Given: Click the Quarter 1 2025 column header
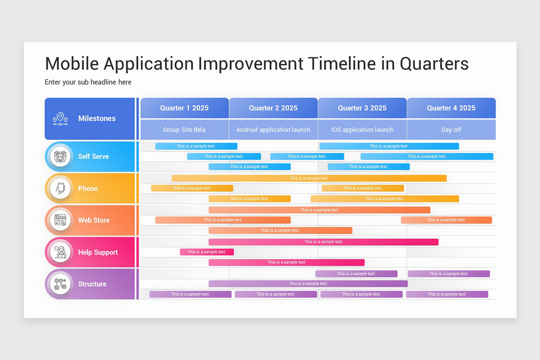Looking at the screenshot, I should (x=184, y=108).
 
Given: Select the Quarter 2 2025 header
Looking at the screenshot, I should (x=273, y=108).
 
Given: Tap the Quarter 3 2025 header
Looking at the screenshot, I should (x=362, y=108).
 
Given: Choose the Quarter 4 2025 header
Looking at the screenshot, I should (x=451, y=108).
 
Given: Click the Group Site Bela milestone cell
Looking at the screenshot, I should (x=184, y=130).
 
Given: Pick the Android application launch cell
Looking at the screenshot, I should (x=273, y=130).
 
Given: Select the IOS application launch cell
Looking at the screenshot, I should (x=362, y=130).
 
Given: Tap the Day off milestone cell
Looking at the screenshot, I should (x=451, y=130).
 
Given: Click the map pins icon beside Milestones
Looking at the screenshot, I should (x=60, y=119).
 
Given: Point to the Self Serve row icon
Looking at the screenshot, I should (x=60, y=157).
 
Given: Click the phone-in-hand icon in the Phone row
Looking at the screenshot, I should (x=60, y=189).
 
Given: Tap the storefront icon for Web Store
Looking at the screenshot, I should (x=60, y=220).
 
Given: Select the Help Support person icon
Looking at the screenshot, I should (x=60, y=252).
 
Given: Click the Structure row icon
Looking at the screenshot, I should (x=60, y=284).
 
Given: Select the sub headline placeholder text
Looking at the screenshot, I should (x=88, y=82).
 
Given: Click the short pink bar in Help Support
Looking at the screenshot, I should (x=207, y=252).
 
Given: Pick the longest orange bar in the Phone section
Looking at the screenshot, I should (x=309, y=178).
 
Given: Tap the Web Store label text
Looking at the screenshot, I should (x=94, y=220).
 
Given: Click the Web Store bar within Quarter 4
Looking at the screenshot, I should (x=446, y=220).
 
